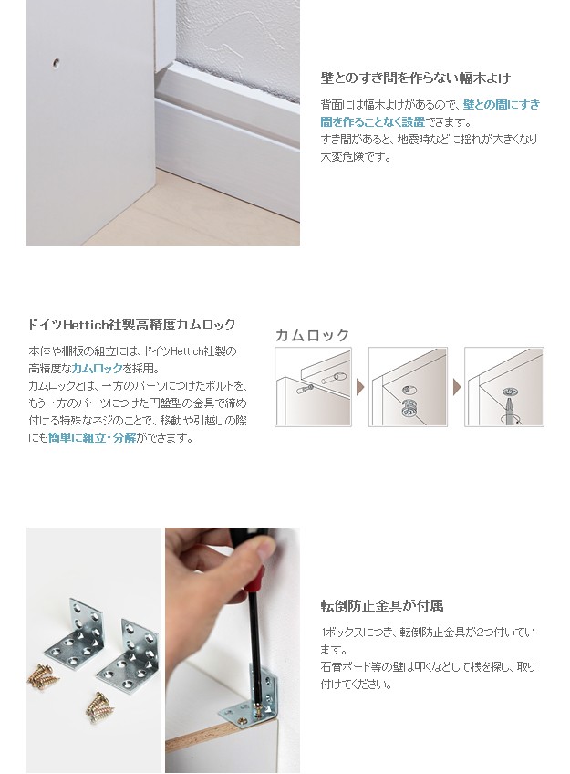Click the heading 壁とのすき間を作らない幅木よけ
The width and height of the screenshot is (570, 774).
(x=416, y=78)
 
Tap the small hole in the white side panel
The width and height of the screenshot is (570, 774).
(x=57, y=63)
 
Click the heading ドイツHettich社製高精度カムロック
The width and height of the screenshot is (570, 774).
(x=132, y=325)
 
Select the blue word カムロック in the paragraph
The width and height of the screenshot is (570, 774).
(x=98, y=368)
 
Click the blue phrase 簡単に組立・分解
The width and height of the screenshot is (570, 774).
(x=92, y=438)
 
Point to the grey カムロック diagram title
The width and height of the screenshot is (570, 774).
(x=312, y=335)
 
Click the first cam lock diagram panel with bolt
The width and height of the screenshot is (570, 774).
(x=313, y=387)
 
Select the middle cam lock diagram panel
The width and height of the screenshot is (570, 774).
(x=408, y=387)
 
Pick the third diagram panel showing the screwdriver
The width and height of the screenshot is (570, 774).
(x=504, y=387)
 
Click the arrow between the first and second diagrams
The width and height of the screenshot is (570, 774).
(x=360, y=387)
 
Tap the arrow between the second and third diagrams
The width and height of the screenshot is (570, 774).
(x=457, y=387)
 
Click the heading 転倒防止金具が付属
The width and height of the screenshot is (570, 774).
(x=382, y=605)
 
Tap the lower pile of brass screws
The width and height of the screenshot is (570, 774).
(x=99, y=705)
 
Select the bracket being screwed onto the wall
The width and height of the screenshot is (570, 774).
(x=252, y=697)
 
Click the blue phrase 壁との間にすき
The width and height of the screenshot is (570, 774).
(x=502, y=105)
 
